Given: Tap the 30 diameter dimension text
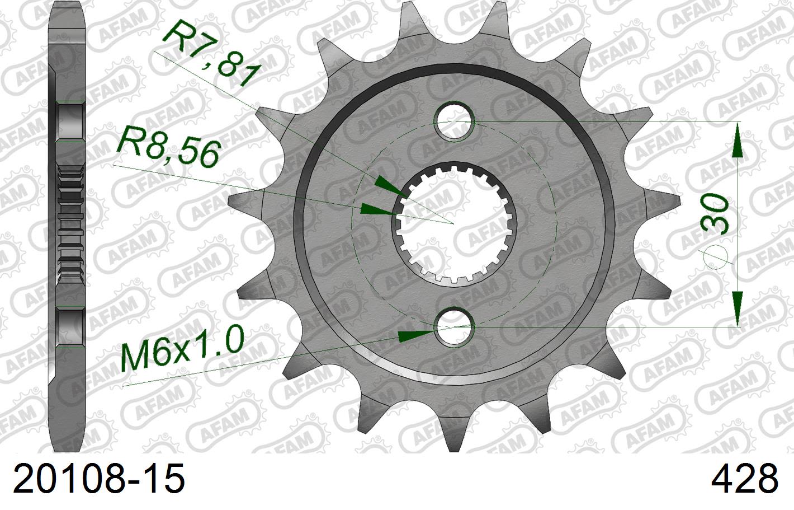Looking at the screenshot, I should pyautogui.click(x=716, y=214).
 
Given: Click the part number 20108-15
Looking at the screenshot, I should pyautogui.click(x=98, y=479).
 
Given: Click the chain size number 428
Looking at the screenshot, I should pyautogui.click(x=744, y=479).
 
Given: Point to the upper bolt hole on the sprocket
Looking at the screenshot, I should pyautogui.click(x=455, y=121).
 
